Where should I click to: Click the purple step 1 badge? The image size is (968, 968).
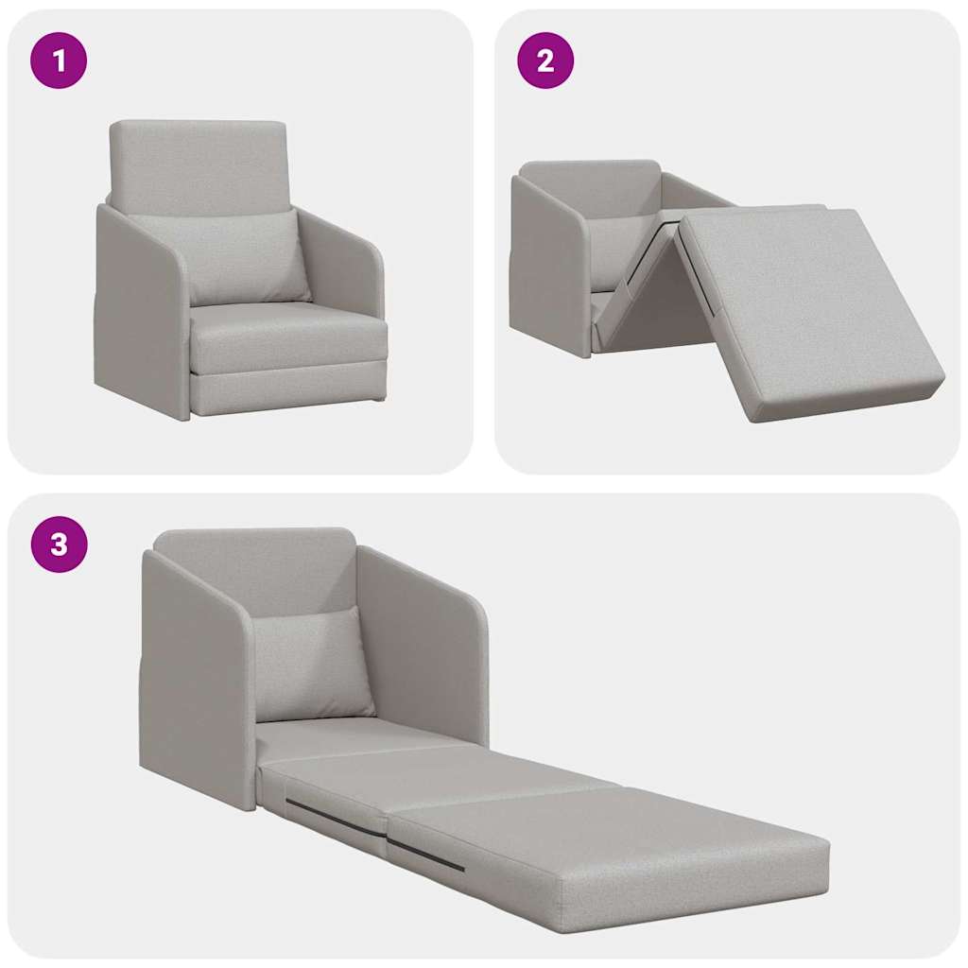[59, 61]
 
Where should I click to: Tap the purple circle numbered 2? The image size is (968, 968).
[545, 61]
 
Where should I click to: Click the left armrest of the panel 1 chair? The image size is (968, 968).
[142, 312]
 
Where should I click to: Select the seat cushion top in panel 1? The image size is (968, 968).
[284, 326]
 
